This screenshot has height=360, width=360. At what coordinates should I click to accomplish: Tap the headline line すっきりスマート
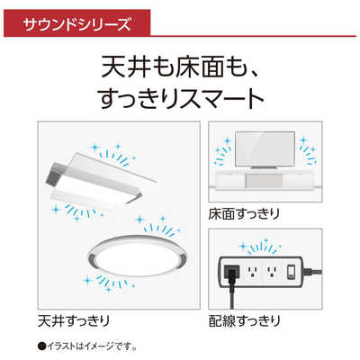[x=180, y=96]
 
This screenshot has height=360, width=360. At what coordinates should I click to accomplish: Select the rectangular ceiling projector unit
[x=99, y=180]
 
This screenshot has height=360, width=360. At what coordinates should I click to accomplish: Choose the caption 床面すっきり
[x=245, y=215]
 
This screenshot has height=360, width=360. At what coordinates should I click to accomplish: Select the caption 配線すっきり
[x=245, y=319]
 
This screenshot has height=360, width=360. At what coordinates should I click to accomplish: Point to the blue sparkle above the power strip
[x=264, y=245]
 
